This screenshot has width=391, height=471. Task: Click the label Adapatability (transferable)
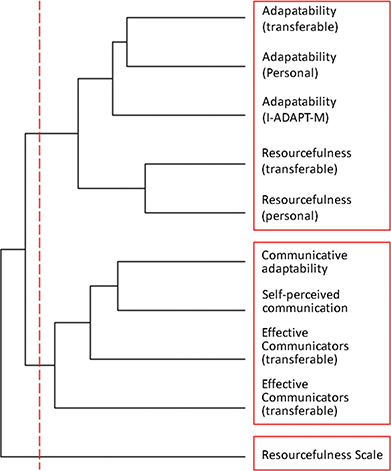pyautogui.click(x=300, y=18)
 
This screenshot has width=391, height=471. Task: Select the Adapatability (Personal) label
pyautogui.click(x=300, y=65)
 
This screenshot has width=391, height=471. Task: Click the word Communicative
pyautogui.click(x=305, y=255)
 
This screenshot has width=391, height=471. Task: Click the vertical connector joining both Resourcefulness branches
pyautogui.click(x=146, y=187)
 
